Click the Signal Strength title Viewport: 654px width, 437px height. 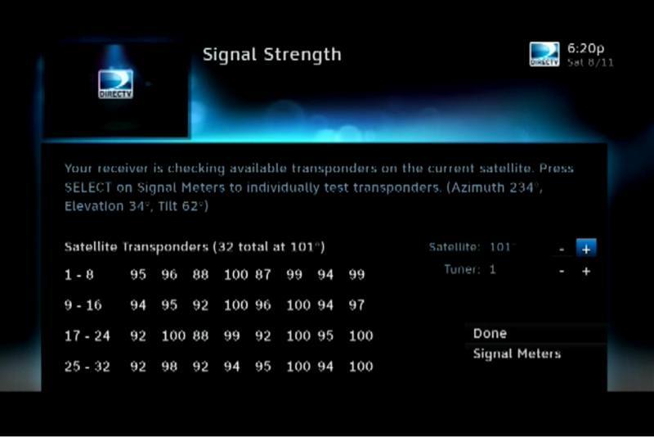point(272,55)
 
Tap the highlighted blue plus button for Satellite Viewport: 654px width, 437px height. point(586,249)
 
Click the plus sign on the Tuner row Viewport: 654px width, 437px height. point(586,272)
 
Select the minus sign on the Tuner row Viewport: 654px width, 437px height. point(562,272)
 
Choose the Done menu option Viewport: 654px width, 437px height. point(490,334)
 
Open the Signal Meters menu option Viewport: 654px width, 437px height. point(517,354)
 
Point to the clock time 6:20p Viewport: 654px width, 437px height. point(585,48)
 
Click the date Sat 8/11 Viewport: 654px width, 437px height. point(590,63)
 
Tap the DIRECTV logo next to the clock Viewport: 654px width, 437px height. point(544,54)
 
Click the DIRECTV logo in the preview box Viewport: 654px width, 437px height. point(115,84)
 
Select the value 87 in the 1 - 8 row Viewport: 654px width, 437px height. point(262,275)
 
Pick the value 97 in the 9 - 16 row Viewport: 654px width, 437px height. point(356,305)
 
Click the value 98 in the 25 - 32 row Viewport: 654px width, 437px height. point(169,367)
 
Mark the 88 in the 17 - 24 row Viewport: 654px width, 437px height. point(200,336)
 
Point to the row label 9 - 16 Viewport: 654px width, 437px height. point(83,305)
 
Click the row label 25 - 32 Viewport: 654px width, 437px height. point(87,367)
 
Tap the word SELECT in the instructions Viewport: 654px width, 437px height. point(88,188)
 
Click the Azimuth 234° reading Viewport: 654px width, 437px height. point(495,188)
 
